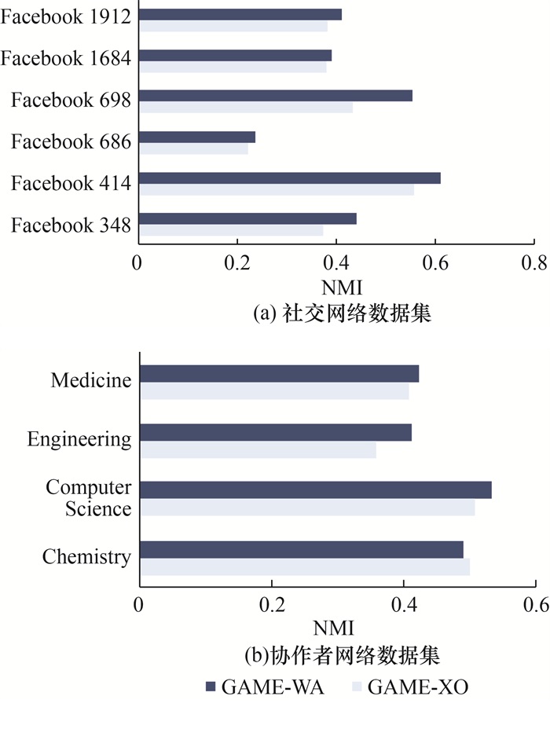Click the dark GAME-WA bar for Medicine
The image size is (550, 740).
(x=279, y=373)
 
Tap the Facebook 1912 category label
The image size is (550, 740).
(x=65, y=17)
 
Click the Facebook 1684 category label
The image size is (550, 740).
(x=65, y=58)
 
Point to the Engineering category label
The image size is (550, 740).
(x=79, y=439)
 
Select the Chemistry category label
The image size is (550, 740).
(x=86, y=558)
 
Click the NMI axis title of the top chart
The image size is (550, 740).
(x=336, y=288)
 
